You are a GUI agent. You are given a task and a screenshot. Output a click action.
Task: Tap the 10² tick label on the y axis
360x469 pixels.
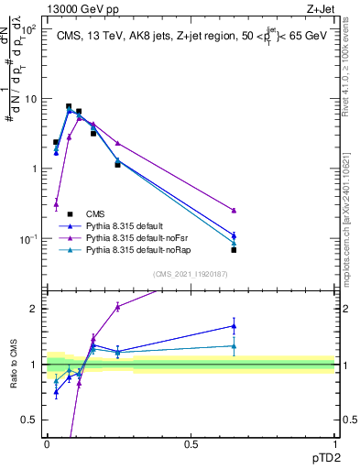pos(28,29)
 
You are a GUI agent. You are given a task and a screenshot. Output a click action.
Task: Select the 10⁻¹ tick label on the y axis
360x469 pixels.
pos(28,239)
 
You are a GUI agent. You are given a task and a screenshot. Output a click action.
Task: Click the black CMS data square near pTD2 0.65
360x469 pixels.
pos(234,250)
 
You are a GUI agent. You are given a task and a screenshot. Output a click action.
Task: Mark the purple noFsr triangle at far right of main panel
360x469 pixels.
pos(234,211)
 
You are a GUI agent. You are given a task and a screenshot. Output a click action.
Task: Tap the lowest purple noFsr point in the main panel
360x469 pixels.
pos(56,204)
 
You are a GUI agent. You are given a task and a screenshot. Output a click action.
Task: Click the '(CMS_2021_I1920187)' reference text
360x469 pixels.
pos(191,273)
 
